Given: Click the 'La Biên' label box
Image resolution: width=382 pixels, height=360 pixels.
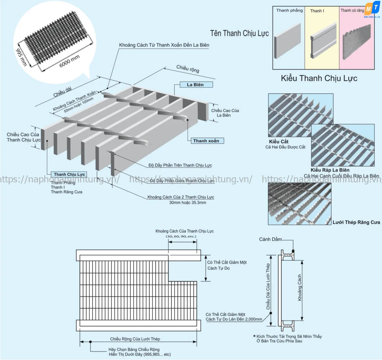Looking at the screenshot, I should click(x=195, y=85).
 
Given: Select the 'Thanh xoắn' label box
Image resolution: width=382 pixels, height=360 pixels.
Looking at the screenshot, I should click(x=206, y=141).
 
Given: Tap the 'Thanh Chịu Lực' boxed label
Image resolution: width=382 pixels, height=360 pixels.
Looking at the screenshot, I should click(x=69, y=174).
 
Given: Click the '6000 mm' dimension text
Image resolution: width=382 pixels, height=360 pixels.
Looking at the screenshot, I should click(x=69, y=61).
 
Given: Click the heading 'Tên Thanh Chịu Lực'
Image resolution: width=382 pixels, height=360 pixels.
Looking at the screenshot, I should click(x=239, y=33).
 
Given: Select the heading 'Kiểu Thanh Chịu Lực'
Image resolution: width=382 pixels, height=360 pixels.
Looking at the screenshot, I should click(x=319, y=78).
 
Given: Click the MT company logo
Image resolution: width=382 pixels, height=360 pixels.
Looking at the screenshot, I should click(x=372, y=9).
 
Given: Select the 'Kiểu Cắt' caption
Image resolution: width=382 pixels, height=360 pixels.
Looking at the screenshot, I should click(x=279, y=141).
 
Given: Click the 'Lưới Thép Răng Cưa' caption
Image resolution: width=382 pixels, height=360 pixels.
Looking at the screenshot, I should click(x=356, y=222).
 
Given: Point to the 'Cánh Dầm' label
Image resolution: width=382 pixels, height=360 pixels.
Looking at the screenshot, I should click(x=270, y=239).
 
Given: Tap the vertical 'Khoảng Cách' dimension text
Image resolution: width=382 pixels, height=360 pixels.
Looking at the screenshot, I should click(x=300, y=287).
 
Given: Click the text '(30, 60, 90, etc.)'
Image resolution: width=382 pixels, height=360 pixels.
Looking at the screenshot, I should click(x=181, y=236).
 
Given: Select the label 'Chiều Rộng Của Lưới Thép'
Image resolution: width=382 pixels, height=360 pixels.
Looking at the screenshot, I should click(x=135, y=339).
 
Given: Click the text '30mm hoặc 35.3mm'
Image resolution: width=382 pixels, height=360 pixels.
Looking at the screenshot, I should click(x=188, y=203).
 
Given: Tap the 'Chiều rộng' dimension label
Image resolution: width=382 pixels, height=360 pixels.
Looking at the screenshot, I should click(x=188, y=69).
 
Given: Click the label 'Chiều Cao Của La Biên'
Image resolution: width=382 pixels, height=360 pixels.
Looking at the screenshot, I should click(x=225, y=113).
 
